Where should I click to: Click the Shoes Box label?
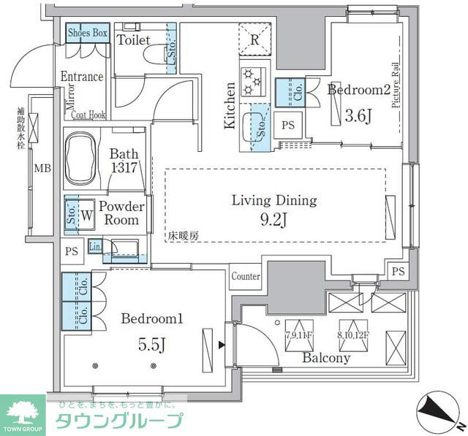[x=88, y=33]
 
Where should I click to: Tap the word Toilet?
[x=134, y=40]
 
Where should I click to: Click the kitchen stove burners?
[x=252, y=80]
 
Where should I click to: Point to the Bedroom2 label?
[x=358, y=90]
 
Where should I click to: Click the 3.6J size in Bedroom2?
[x=358, y=115]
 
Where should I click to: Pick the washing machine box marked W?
[x=87, y=215]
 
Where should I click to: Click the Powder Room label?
[x=121, y=213]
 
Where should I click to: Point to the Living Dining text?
[x=274, y=199]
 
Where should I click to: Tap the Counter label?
[x=246, y=277]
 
